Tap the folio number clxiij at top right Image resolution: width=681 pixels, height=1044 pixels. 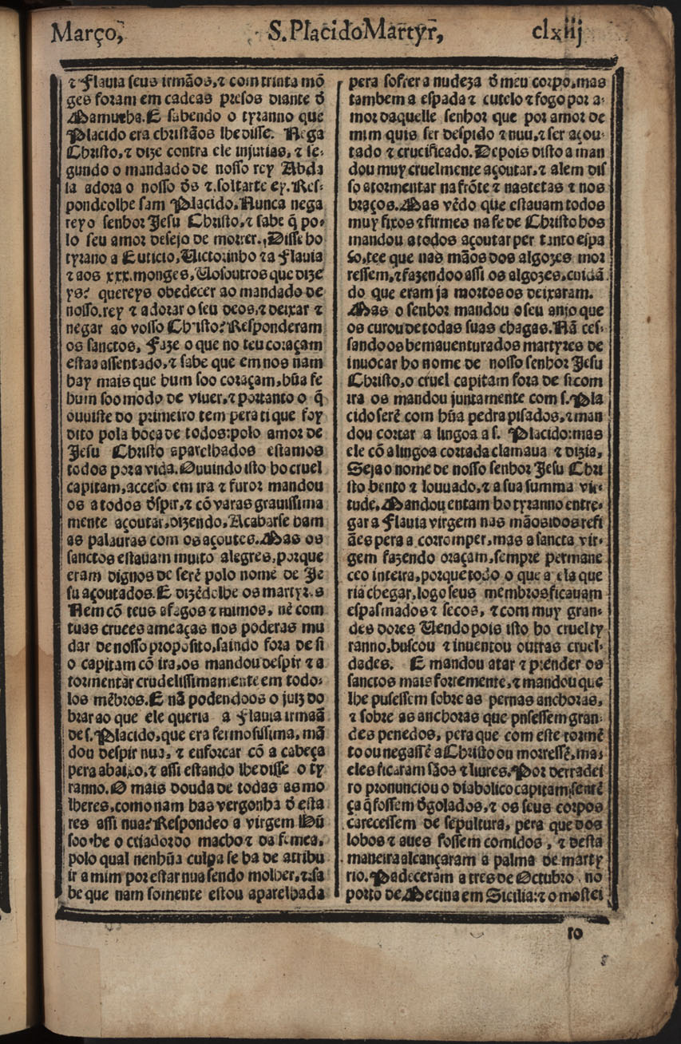(560, 31)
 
